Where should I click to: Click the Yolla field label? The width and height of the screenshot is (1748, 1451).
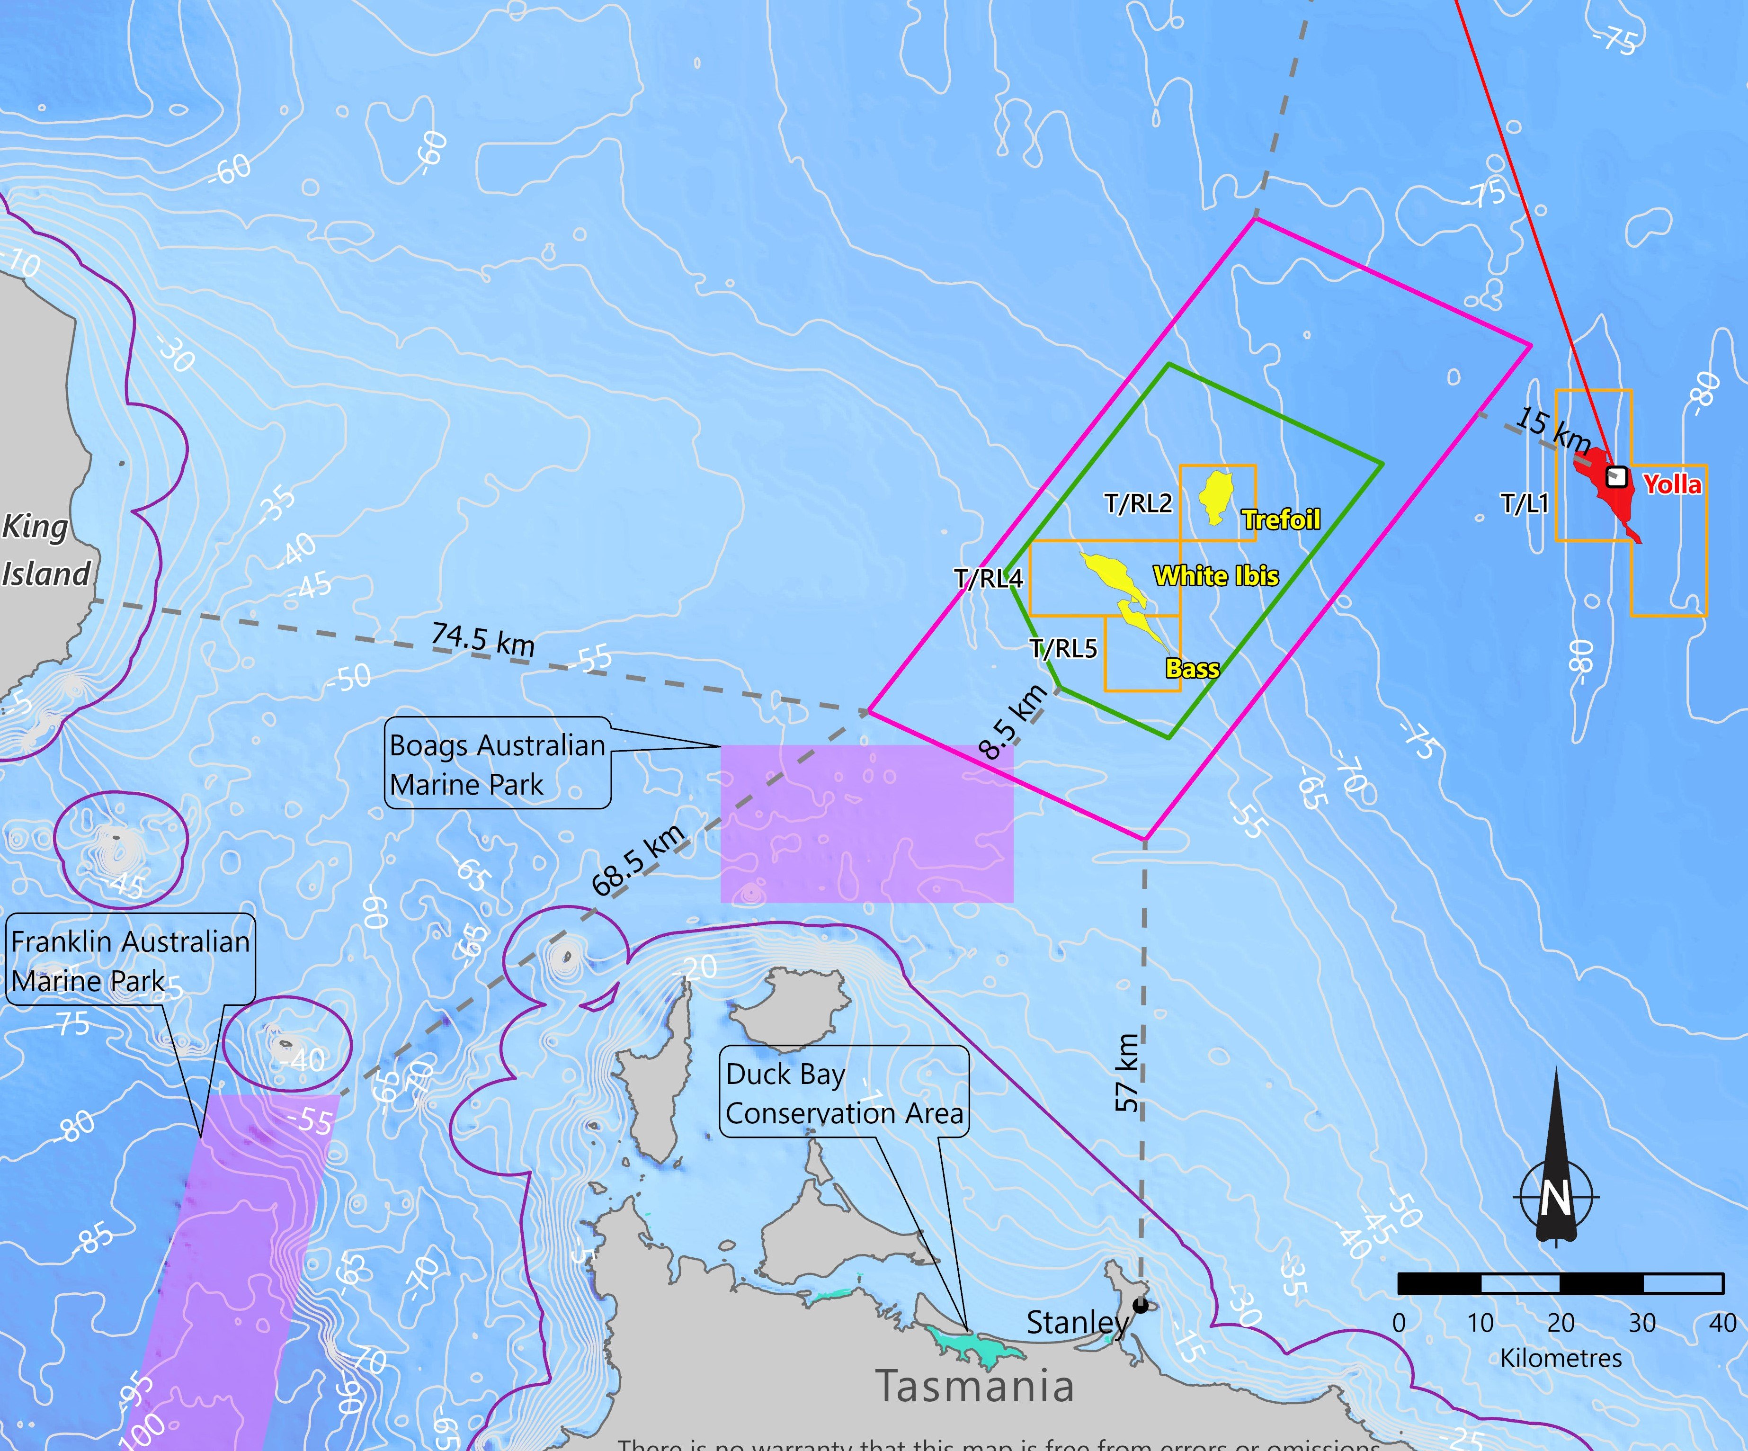pos(1672,484)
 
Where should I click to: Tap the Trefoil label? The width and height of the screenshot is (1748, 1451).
pos(1281,520)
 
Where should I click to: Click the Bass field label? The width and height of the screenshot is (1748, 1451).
pos(1192,669)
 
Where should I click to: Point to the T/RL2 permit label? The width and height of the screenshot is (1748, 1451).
pos(1138,503)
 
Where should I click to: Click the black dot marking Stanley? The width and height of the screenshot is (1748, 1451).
pos(1141,1305)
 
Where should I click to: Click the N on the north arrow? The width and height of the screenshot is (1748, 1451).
pos(1554,1199)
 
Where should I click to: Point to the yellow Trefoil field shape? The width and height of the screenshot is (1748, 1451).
pos(1216,497)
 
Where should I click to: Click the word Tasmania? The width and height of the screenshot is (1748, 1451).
pos(974,1386)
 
